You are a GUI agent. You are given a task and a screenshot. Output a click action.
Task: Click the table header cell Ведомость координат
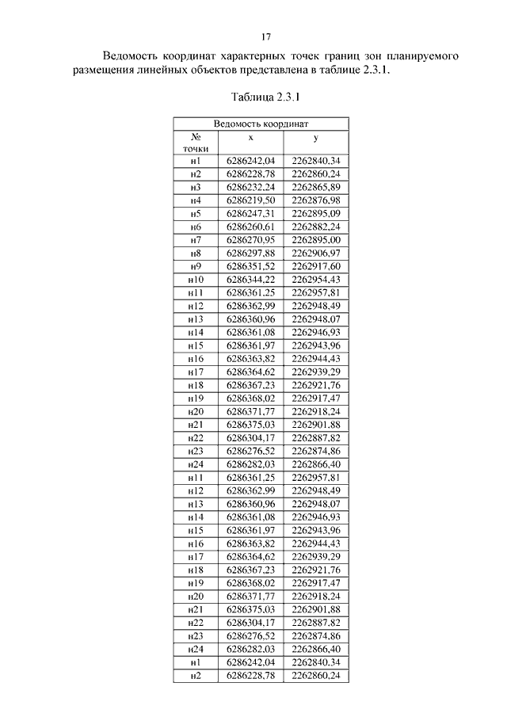pos(261,124)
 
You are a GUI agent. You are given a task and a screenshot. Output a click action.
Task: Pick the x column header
pos(250,137)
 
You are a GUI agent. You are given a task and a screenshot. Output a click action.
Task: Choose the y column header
pos(315,137)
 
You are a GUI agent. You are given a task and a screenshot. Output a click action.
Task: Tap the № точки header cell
pos(196,142)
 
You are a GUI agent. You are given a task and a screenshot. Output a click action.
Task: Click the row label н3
pos(196,187)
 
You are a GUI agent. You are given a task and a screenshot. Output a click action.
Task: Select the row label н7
pos(196,239)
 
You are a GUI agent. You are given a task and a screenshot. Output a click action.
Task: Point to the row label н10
pos(196,280)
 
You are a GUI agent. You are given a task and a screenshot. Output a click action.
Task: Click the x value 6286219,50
pos(250,200)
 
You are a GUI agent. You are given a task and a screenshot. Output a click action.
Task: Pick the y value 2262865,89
pos(315,187)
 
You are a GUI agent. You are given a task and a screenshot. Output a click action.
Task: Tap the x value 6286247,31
pos(250,214)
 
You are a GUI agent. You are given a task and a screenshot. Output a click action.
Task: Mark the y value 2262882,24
pos(315,227)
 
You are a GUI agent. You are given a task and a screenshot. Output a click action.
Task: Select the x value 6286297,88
pos(250,253)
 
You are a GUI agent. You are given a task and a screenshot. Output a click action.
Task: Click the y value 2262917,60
pos(315,266)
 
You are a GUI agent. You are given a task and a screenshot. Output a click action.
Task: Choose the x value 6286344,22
pos(250,280)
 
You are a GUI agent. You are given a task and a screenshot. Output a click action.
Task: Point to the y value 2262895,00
pos(315,239)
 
